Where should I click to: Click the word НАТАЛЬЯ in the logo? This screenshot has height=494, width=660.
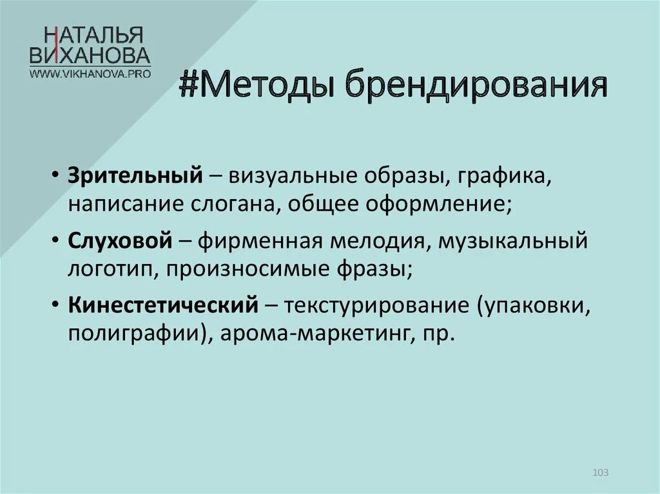click(90, 35)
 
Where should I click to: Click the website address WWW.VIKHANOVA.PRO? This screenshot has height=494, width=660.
click(90, 73)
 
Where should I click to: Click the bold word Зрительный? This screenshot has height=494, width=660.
click(137, 176)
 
